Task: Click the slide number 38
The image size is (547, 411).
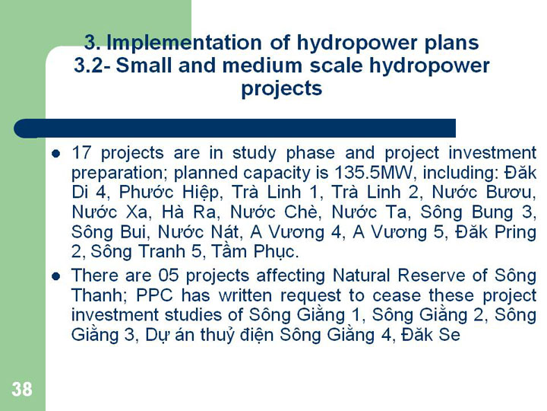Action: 22,389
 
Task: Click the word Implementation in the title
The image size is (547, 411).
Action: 184,43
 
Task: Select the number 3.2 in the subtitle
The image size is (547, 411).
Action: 89,65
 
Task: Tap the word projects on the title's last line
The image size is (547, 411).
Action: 282,88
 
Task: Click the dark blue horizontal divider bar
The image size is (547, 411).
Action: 235,129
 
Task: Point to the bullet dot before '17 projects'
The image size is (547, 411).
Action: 55,154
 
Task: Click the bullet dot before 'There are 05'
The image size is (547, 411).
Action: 55,276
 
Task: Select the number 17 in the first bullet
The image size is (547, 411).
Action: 81,153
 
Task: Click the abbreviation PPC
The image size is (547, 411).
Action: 154,295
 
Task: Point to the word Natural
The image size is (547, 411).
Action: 361,276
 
